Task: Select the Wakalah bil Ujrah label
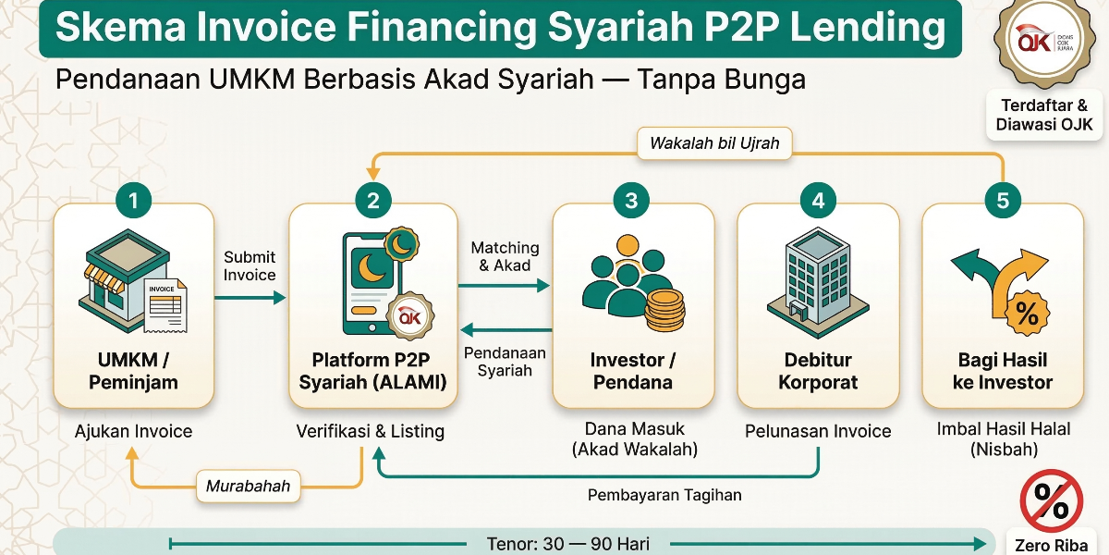714,143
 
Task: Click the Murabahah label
248,486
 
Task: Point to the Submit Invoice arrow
250,298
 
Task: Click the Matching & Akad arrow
505,287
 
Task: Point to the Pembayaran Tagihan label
664,495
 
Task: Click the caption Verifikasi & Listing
370,431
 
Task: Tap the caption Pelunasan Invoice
818,431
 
